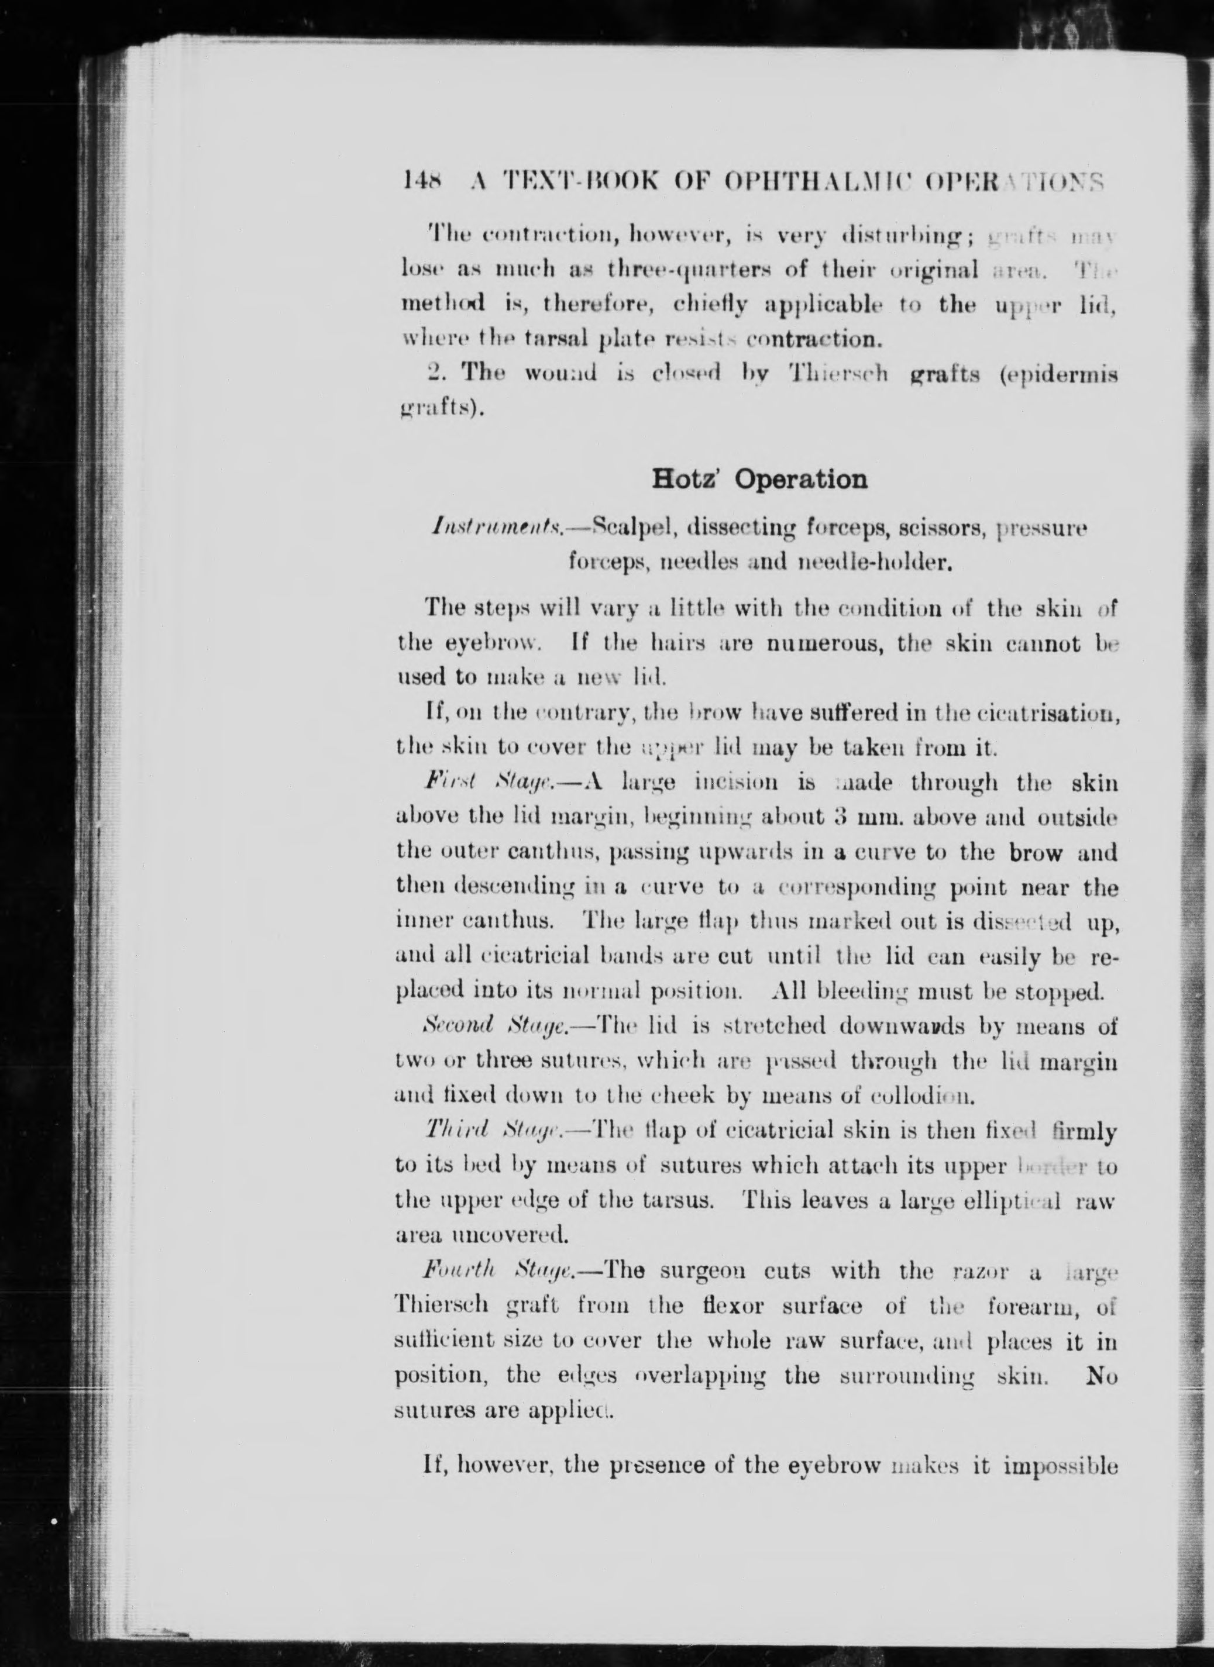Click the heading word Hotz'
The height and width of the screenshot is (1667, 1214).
click(687, 479)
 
